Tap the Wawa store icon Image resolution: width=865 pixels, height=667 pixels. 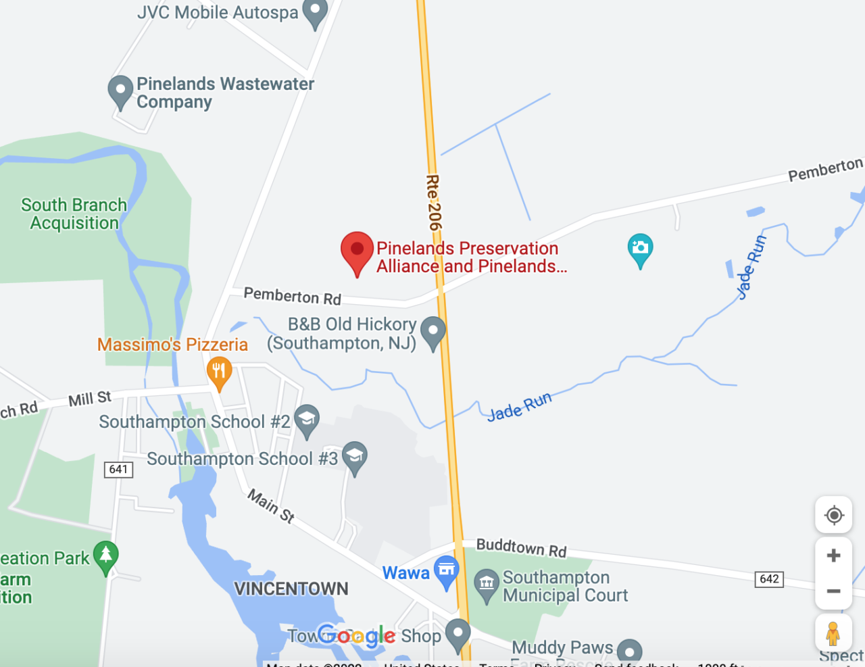click(446, 570)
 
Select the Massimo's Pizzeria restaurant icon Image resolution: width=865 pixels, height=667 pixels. click(218, 372)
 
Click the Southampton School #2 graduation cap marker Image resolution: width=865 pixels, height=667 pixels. click(306, 420)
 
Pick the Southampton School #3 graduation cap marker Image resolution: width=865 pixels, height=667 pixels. click(354, 456)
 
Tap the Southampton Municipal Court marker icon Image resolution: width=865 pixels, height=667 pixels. click(486, 585)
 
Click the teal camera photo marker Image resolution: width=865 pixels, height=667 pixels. click(639, 248)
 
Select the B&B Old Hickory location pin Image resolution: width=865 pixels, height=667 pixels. click(432, 331)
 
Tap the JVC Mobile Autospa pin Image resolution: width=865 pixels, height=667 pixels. click(315, 12)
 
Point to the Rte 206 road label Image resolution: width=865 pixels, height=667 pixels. click(433, 202)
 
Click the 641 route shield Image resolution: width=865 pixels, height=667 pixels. click(118, 469)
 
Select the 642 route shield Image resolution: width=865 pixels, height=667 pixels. click(769, 579)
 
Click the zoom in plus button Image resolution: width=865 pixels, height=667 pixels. click(833, 555)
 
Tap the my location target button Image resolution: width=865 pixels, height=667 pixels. click(833, 515)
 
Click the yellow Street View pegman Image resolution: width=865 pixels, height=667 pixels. click(833, 634)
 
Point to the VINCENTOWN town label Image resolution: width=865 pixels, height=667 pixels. click(291, 589)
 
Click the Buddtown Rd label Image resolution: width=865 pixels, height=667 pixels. click(521, 547)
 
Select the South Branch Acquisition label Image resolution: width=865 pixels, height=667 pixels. click(74, 214)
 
